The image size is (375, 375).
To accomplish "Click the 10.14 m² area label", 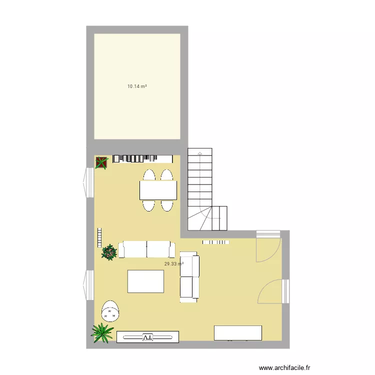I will click(137, 86).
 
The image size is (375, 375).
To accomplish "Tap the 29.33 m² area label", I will click(173, 264).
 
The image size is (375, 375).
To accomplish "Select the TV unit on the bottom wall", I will click(147, 337).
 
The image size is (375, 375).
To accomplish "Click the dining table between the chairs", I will click(158, 190).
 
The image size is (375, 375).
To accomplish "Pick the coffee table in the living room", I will click(145, 281).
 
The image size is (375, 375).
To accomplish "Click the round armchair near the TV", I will click(110, 311).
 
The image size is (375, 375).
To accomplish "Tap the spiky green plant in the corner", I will click(102, 332).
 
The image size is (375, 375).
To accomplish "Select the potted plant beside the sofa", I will click(109, 252).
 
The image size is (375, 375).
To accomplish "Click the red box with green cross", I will click(101, 162).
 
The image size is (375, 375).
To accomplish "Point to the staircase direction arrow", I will click(200, 153).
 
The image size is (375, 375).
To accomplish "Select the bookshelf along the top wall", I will click(135, 158).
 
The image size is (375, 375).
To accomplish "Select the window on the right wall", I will click(285, 291).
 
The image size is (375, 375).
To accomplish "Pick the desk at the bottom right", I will click(237, 332).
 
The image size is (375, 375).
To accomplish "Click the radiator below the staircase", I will click(215, 242).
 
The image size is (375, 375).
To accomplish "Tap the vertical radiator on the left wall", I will click(99, 237).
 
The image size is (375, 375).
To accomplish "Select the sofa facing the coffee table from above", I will click(146, 249).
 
